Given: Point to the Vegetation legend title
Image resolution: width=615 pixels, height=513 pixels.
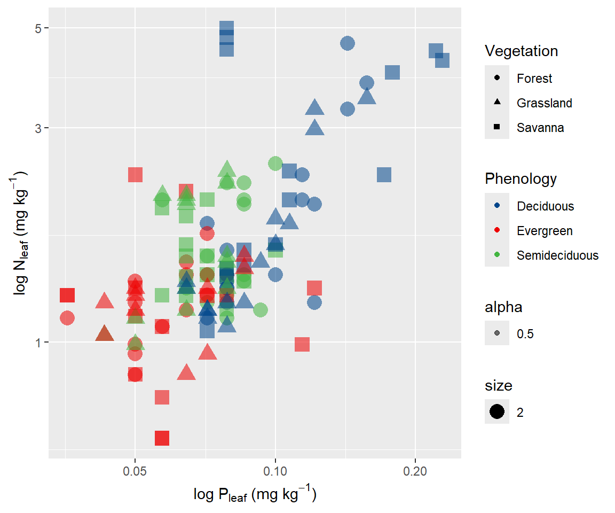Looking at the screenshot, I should pos(521,51).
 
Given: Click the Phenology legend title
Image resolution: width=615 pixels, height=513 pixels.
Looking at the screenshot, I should pos(521,178).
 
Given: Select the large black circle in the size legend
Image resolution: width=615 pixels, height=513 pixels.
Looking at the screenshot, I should pos(497,412).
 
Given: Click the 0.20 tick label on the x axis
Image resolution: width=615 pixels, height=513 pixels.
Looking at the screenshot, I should pos(415,472).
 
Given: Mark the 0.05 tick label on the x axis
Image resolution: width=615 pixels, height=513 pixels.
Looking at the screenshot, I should pos(135,472).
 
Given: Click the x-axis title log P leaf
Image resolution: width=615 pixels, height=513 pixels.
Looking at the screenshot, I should pos(255,495).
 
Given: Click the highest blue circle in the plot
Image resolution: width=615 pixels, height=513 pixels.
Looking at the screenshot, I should pos(348,43).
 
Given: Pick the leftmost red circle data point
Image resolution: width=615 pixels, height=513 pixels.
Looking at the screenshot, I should pos(67,318).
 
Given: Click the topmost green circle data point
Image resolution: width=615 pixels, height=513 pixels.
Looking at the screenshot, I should pos(275,164).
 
